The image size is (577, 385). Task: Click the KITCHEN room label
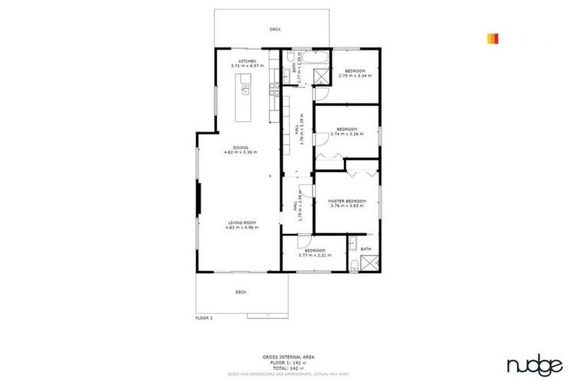tap(248, 61)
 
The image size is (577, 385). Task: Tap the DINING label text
tap(240, 147)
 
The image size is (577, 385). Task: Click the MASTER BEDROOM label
tap(346, 201)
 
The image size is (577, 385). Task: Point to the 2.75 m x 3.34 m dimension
tap(355, 75)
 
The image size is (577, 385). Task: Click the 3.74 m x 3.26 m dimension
tap(346, 134)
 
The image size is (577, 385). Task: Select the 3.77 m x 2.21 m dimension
tap(315, 255)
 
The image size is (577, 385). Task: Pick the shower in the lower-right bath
tap(368, 263)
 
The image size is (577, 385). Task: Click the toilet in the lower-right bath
tap(352, 262)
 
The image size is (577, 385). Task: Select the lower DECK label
tap(240, 292)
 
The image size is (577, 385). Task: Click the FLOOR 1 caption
tap(204, 318)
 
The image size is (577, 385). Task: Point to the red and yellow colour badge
tap(492, 38)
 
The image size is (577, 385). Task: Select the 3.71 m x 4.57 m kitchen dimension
tap(248, 66)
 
